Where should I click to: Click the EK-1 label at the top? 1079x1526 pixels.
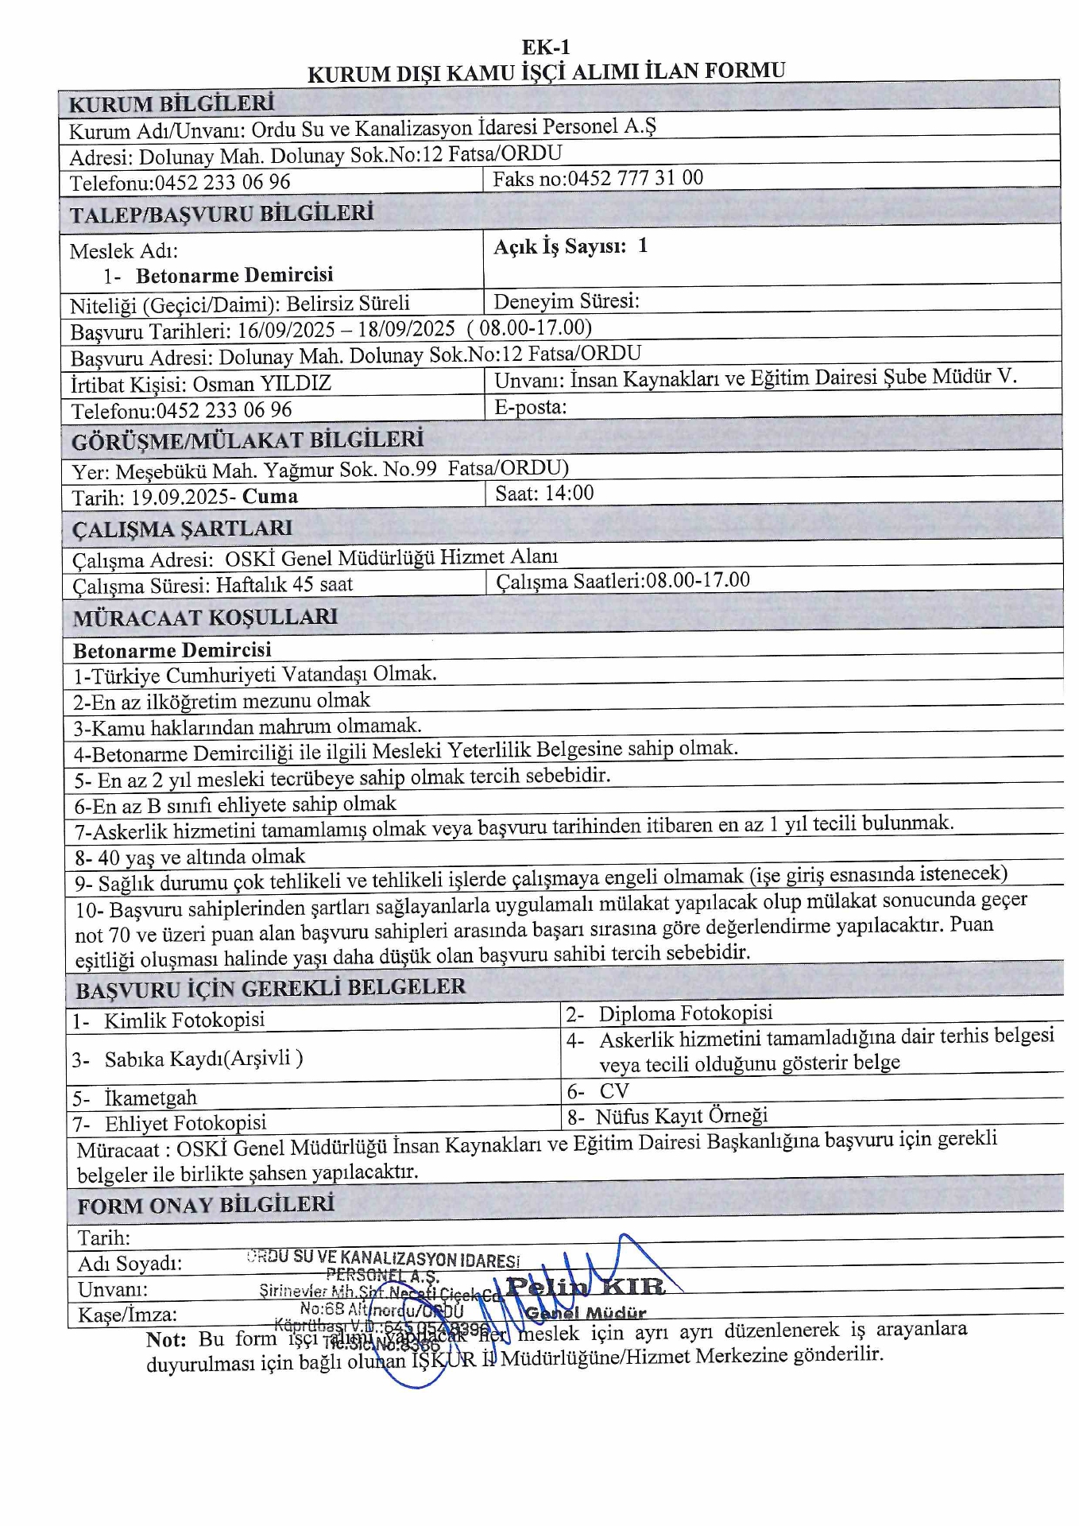pyautogui.click(x=546, y=47)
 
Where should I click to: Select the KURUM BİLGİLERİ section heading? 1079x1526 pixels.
pyautogui.click(x=171, y=104)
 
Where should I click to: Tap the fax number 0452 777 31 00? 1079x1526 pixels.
pyautogui.click(x=635, y=178)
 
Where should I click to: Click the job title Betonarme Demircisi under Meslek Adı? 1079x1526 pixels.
pyautogui.click(x=234, y=276)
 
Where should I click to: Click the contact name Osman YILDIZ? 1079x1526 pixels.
pyautogui.click(x=261, y=384)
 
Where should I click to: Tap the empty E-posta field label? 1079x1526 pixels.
pyautogui.click(x=530, y=408)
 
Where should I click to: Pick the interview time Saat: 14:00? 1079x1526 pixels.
pyautogui.click(x=544, y=494)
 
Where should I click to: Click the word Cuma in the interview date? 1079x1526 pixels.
pyautogui.click(x=270, y=497)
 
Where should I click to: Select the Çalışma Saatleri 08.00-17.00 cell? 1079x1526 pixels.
pyautogui.click(x=623, y=581)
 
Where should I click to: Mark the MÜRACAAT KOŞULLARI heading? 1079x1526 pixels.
pyautogui.click(x=205, y=618)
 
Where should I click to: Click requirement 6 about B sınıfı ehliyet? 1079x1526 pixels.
pyautogui.click(x=235, y=805)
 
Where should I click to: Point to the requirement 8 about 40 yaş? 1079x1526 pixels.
pyautogui.click(x=190, y=857)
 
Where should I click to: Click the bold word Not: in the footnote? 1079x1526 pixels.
pyautogui.click(x=166, y=1340)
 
